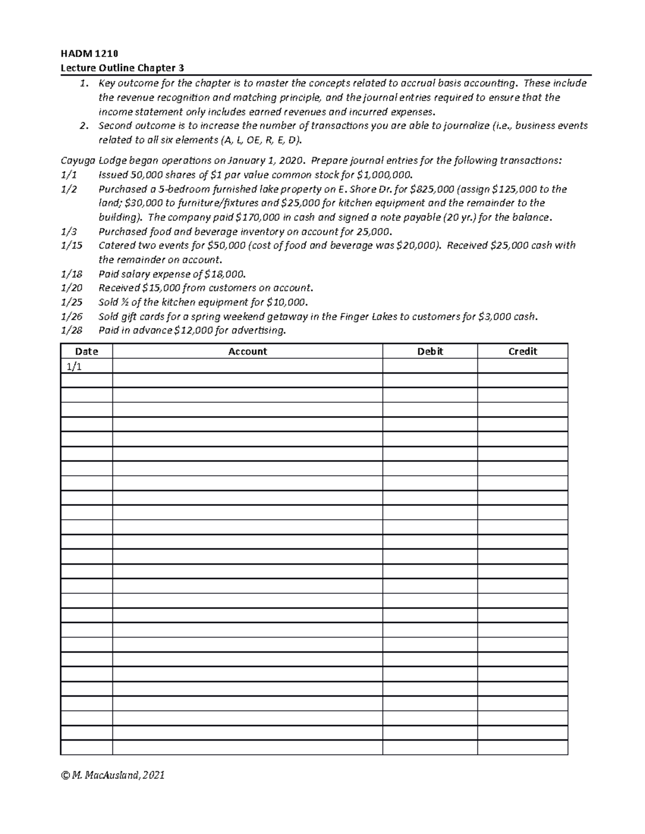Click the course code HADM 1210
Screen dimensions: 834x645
pos(89,53)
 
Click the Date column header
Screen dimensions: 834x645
pos(87,351)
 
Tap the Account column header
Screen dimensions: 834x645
pos(247,351)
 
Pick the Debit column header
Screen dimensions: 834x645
pos(430,351)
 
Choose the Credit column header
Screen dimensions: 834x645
pos(522,351)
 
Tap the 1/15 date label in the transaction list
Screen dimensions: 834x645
pos(72,245)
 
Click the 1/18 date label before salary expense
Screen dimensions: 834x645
pos(72,274)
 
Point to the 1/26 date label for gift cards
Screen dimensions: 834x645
pos(72,316)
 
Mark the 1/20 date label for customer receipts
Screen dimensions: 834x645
pos(72,288)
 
